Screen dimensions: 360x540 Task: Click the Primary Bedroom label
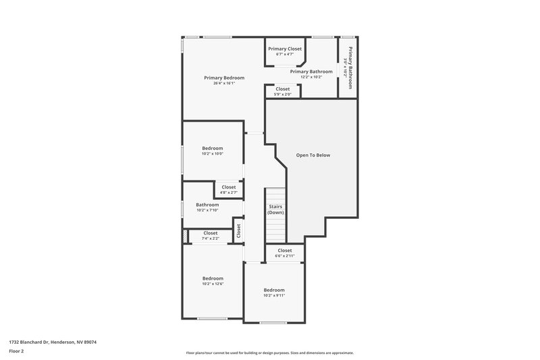[x=224, y=78]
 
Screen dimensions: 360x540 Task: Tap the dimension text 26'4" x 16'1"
[x=224, y=84]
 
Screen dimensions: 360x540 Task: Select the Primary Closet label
[x=285, y=49]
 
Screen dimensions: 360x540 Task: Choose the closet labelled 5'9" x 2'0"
[x=282, y=91]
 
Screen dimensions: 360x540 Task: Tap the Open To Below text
[x=313, y=155]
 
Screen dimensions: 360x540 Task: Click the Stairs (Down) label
[x=275, y=209]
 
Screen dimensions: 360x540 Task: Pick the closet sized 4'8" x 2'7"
[x=229, y=190]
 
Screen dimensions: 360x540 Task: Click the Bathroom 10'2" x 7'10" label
[x=207, y=207]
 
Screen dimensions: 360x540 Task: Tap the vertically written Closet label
[x=238, y=230]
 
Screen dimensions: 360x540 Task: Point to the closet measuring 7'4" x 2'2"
[x=211, y=236]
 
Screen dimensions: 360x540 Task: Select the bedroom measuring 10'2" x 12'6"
[x=213, y=281]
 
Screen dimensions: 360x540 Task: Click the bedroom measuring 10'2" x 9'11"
[x=274, y=292]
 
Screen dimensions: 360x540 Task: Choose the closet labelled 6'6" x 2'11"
[x=284, y=253]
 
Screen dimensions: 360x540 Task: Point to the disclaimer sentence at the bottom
[x=269, y=353]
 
